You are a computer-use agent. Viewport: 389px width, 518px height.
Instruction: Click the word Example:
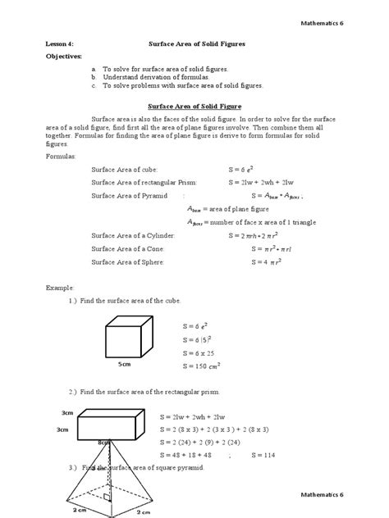59,289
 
